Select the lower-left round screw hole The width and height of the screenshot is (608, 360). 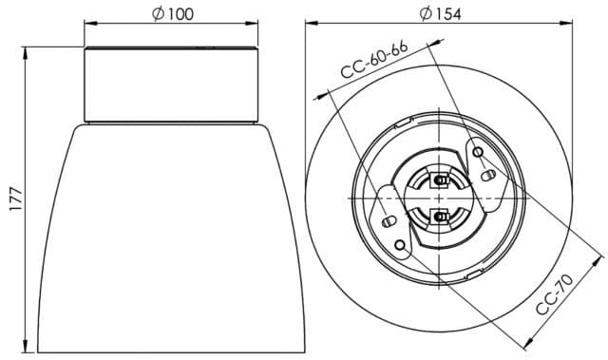[x=402, y=245]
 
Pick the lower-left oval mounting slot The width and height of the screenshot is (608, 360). [x=388, y=221]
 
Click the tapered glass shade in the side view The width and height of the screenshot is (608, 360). [x=171, y=237]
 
